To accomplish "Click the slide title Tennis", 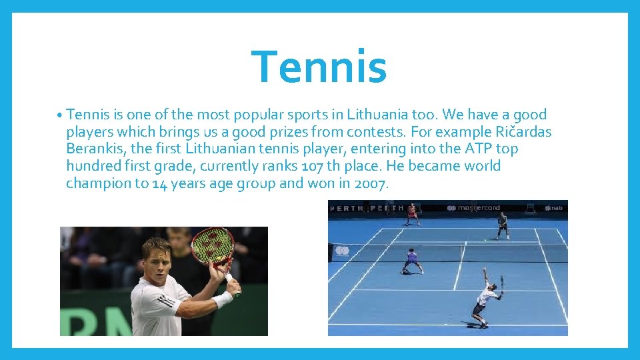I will [319, 67].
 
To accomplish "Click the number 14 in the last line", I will [159, 183].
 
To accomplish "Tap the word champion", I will [98, 183].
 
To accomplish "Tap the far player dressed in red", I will [412, 213].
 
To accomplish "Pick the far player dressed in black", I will [502, 225].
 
